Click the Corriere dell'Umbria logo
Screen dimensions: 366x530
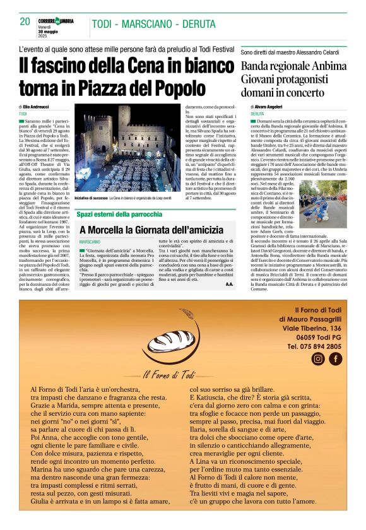coord(59,20)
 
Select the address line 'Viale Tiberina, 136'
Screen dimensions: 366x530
coord(311,328)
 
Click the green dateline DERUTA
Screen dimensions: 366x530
coord(257,114)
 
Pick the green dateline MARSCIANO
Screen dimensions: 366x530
coord(90,242)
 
